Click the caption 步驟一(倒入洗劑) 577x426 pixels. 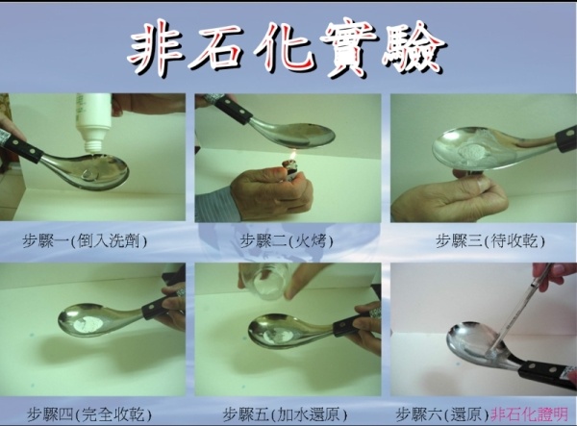(x=85, y=241)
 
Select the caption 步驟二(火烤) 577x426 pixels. (x=287, y=241)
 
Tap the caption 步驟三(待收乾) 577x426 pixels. (x=490, y=241)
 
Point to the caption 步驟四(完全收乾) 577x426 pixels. (x=89, y=414)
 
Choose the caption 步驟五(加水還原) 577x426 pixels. (x=286, y=414)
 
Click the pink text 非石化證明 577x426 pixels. (x=530, y=414)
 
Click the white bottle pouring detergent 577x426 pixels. (x=93, y=122)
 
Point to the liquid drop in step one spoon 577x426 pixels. (x=89, y=175)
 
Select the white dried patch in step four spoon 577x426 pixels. (x=88, y=323)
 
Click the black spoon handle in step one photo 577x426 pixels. (x=20, y=145)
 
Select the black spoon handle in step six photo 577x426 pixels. (x=547, y=375)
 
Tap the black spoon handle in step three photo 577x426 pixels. (x=566, y=138)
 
